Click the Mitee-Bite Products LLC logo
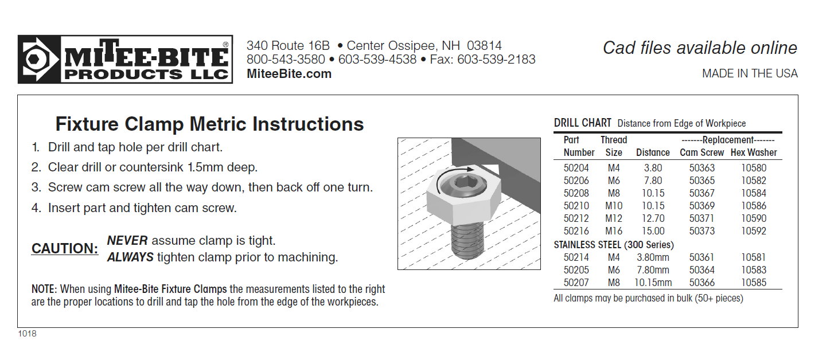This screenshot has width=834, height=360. coord(125,59)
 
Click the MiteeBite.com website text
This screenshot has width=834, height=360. coord(289,74)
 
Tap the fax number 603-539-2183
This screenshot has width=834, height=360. coord(496,59)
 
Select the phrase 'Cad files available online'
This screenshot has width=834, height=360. coord(700,48)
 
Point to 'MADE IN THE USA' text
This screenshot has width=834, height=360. coord(750,73)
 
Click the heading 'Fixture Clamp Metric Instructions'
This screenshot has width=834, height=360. coord(209,124)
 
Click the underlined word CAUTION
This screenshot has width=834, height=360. coord(65,248)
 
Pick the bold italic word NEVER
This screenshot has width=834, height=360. coord(127,241)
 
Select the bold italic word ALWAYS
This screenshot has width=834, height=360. coord(130,257)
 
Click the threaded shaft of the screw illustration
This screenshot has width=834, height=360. coord(467,241)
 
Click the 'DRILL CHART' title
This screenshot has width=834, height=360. coord(582,123)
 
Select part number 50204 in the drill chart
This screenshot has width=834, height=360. coord(576,168)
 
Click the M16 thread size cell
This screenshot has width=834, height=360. coord(614,231)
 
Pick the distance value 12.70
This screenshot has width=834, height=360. coord(653,218)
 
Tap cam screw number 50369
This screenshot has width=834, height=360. coord(702,206)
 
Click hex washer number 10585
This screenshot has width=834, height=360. coord(754,283)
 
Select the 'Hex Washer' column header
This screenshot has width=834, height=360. coord(754,152)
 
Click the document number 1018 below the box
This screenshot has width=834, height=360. coord(27,334)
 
